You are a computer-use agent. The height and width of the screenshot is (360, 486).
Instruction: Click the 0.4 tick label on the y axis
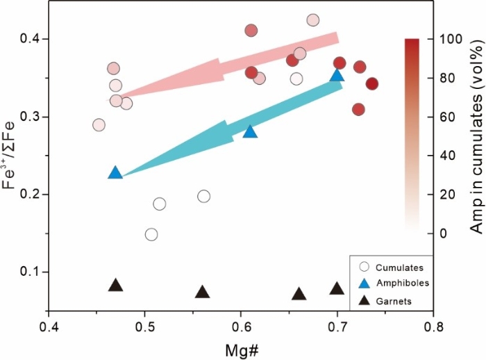pos(29,39)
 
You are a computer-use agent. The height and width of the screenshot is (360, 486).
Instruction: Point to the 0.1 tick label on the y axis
pos(29,272)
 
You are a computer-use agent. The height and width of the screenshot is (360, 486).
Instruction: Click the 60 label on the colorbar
pos(439,117)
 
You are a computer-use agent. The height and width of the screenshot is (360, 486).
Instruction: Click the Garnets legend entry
pos(394,301)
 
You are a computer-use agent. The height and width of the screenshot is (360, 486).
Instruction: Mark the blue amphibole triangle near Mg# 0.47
pos(115,173)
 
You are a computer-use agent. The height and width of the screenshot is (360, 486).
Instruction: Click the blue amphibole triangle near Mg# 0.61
pos(250,131)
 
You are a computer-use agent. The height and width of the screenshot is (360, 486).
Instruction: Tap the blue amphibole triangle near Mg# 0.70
pos(337,75)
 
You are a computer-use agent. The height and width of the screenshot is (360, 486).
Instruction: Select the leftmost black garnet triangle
pos(116,286)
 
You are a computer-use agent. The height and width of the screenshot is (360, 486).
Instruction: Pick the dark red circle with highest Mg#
pos(372,84)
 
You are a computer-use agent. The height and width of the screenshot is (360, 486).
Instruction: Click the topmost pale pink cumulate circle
pos(312,20)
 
